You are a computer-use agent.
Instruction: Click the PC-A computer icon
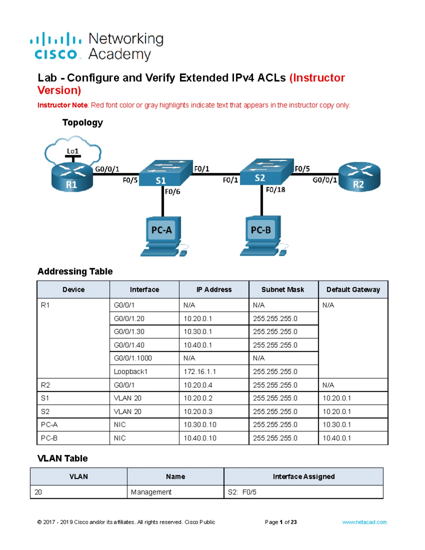pos(162,236)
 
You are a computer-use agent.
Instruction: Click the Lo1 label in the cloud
pos(73,151)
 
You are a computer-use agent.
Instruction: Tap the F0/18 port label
pos(276,190)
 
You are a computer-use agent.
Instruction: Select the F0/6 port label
pos(172,192)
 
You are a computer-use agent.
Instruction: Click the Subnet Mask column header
pos(283,290)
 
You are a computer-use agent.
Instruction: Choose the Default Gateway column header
pos(353,290)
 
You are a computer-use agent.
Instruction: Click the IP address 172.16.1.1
pos(200,372)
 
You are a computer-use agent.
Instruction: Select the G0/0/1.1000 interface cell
pos(133,358)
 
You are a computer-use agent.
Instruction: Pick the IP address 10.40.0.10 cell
pos(200,438)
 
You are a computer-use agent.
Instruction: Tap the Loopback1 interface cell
pos(130,372)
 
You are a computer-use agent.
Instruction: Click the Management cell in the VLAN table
pos(151,492)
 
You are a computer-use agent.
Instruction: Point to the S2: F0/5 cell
pos(242,492)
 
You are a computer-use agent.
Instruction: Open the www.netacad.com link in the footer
pos(364,522)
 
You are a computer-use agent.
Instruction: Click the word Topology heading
pos(83,123)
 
